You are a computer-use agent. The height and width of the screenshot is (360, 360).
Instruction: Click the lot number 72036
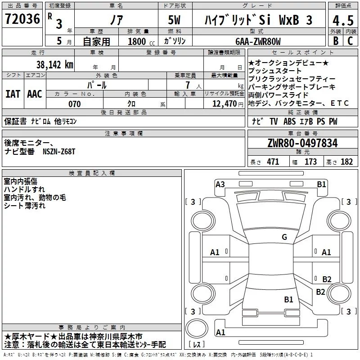(22, 19)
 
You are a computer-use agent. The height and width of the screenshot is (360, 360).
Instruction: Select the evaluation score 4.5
(342, 21)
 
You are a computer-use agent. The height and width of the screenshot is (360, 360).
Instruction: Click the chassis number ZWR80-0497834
(302, 144)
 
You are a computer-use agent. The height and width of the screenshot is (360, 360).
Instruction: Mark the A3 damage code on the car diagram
(220, 184)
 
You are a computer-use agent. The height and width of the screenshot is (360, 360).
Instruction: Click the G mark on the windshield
(284, 237)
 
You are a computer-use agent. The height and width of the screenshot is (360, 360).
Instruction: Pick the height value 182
(346, 162)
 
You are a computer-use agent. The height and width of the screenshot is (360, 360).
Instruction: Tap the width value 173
(310, 162)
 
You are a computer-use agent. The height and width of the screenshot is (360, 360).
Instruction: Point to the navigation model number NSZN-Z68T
(57, 152)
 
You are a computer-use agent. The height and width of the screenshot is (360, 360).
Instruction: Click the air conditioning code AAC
(35, 94)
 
